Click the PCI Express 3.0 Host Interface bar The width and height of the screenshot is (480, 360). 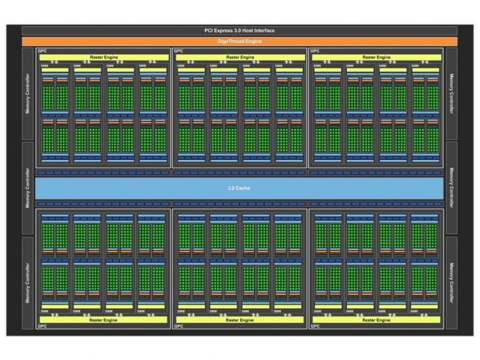239,30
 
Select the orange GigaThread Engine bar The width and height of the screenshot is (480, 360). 239,41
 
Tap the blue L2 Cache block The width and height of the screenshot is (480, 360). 239,188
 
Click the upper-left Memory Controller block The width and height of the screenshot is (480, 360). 28,94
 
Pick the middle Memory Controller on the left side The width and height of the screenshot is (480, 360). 28,188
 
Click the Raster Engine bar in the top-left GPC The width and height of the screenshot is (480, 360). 103,57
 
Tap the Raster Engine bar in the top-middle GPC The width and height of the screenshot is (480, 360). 239,57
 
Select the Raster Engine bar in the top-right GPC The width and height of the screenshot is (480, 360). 376,57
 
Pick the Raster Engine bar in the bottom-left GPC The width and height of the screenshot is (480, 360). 103,319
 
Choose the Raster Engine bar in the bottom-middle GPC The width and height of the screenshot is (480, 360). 239,319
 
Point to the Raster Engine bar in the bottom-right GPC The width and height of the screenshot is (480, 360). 376,319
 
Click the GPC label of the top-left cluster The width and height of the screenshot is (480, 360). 42,51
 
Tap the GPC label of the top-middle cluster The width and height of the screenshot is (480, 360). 178,51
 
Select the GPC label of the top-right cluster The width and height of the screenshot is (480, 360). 315,51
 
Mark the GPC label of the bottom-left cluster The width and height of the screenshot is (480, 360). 42,326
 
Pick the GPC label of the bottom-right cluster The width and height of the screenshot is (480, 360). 315,326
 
